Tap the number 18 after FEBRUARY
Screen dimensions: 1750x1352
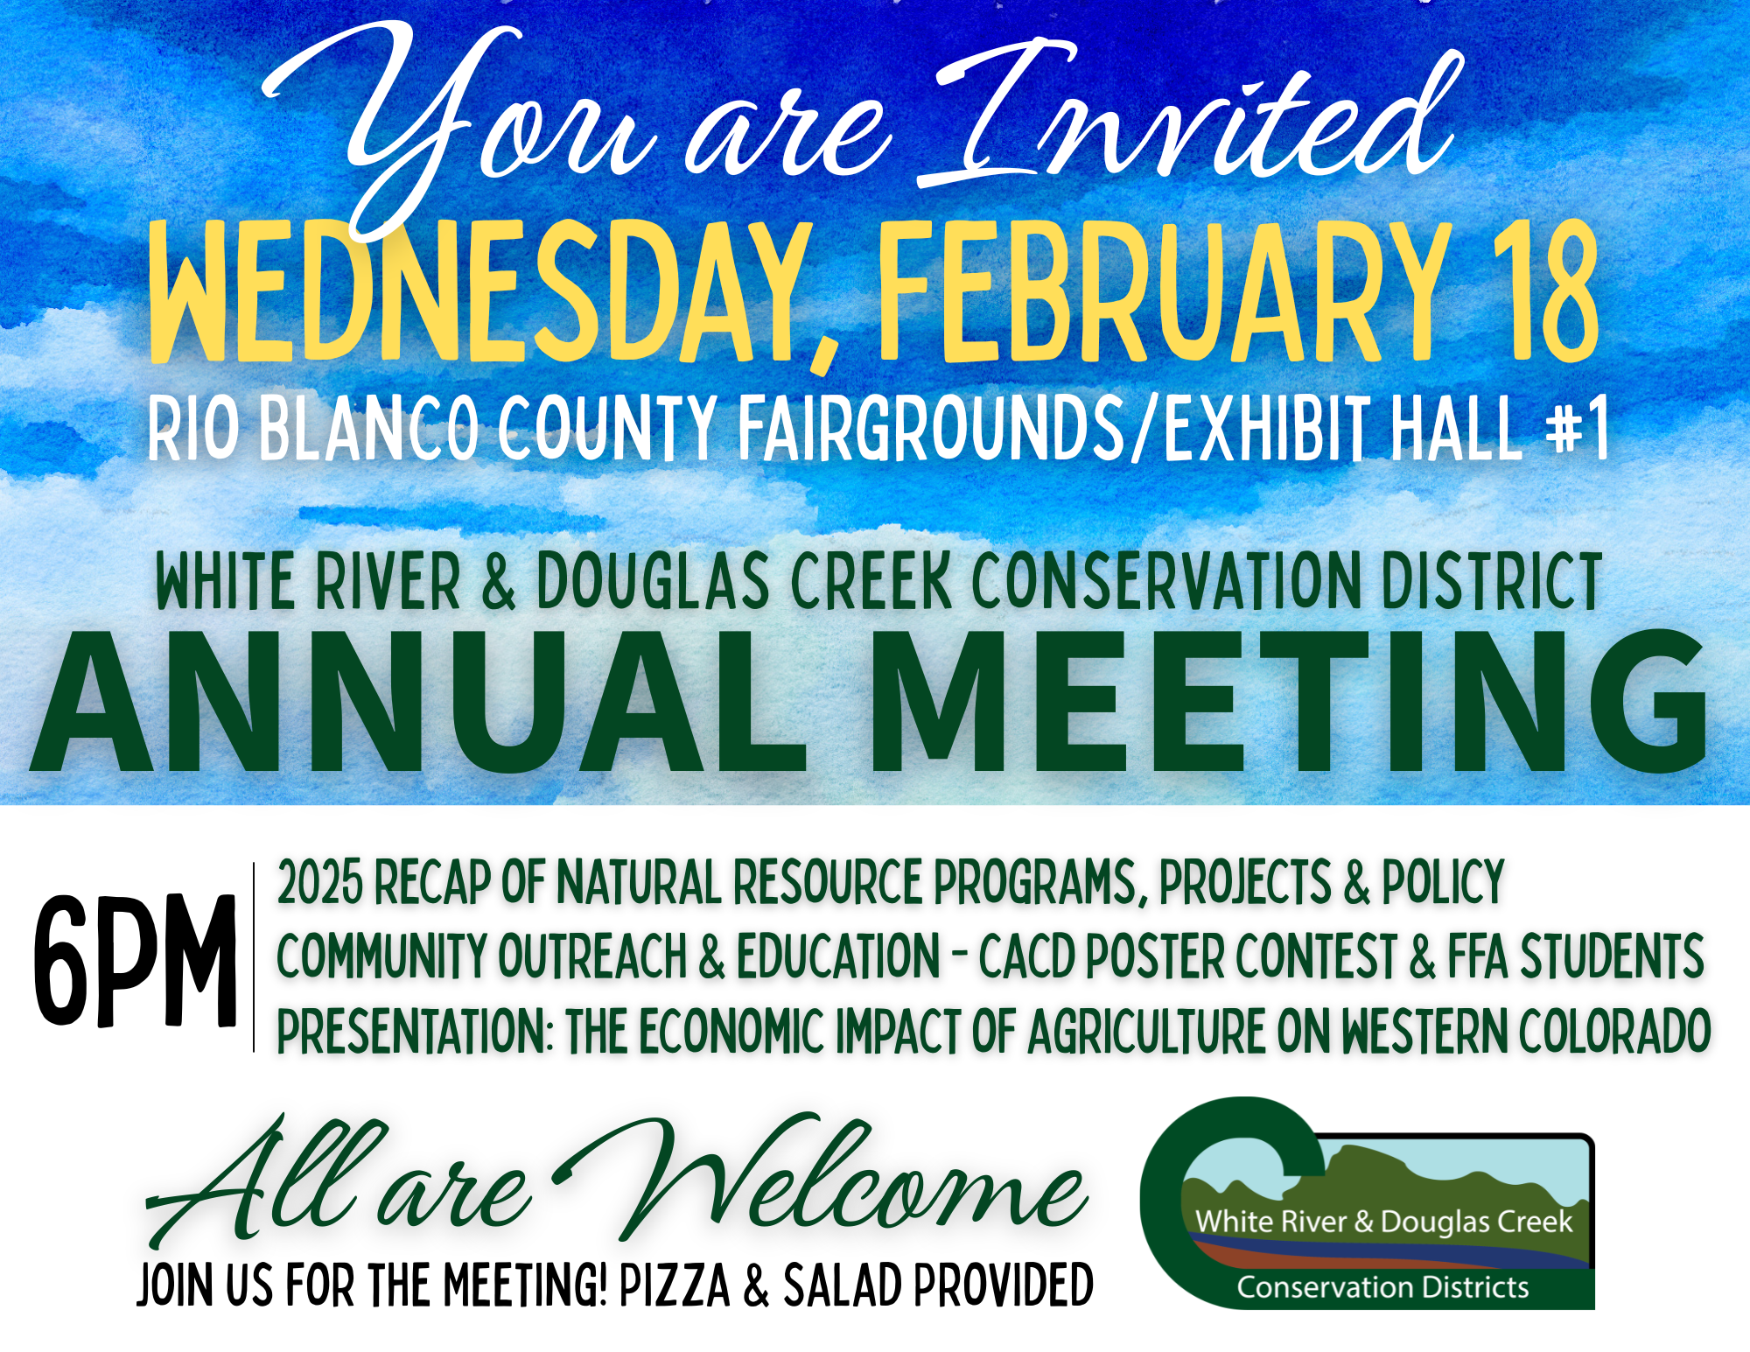pyautogui.click(x=1545, y=291)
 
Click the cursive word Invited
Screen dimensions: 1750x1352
pyautogui.click(x=1190, y=114)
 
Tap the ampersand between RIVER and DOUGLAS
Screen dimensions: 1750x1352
pyautogui.click(x=498, y=580)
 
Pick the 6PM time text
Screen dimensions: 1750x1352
pyautogui.click(x=136, y=960)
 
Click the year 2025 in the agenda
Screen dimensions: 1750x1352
pyautogui.click(x=319, y=881)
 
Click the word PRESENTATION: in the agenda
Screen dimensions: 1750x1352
pyautogui.click(x=415, y=1031)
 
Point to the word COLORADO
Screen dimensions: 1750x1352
pyautogui.click(x=1614, y=1031)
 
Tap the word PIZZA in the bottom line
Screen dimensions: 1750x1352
pyautogui.click(x=675, y=1285)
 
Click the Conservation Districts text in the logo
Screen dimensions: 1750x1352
pyautogui.click(x=1382, y=1287)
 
